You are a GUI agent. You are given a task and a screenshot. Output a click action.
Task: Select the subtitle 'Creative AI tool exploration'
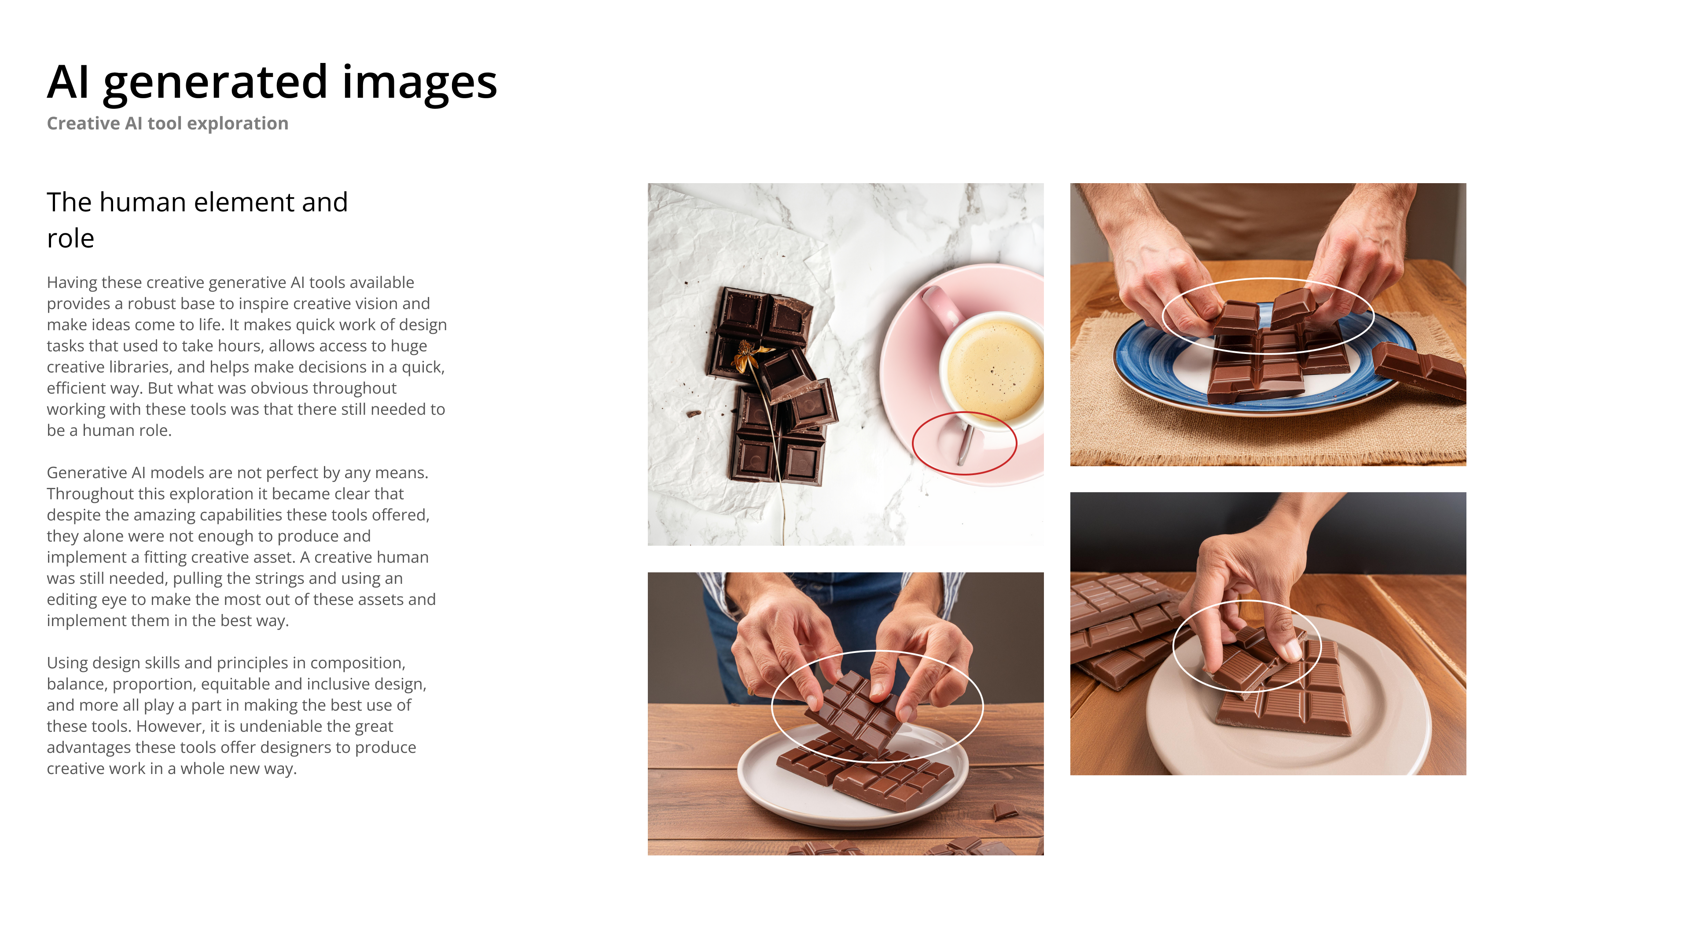[167, 123]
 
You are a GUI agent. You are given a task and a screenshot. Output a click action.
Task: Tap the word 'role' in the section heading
[70, 238]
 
